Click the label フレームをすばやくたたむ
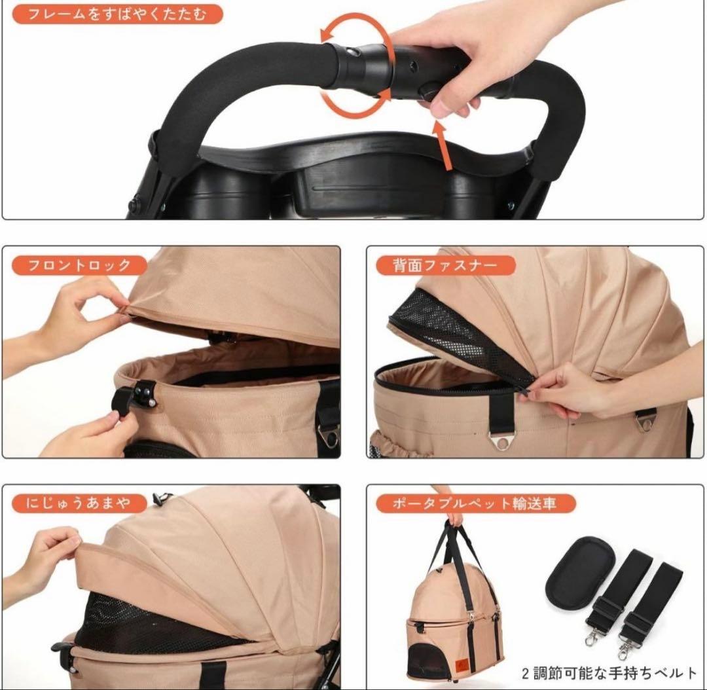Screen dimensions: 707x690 [117, 14]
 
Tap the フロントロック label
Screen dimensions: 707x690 [79, 264]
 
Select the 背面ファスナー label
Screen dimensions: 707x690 [445, 264]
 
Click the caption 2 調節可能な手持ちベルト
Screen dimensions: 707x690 [609, 674]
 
